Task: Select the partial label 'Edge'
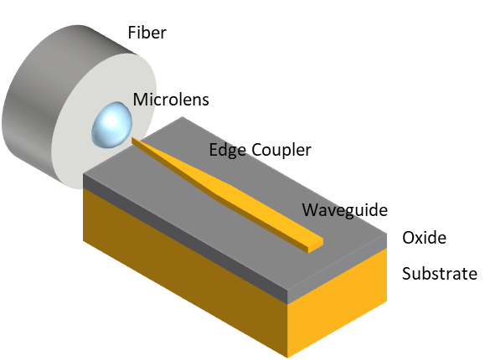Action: tap(226, 150)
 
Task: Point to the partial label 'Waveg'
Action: tap(328, 210)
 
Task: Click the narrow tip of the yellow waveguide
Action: tap(136, 141)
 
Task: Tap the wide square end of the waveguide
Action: tap(315, 244)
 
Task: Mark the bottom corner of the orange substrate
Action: tap(288, 356)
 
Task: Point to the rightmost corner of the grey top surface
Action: tap(386, 234)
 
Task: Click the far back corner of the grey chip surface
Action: tap(183, 118)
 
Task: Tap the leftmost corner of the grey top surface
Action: tap(85, 176)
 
